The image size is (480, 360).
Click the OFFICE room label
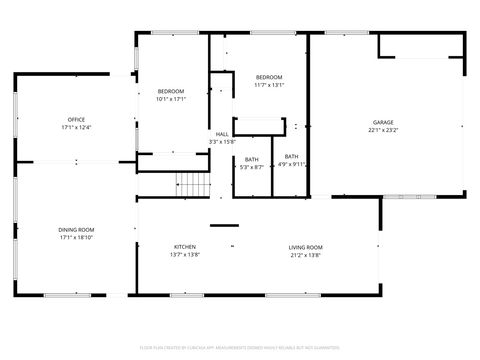76,119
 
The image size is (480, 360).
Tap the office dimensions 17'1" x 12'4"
76,127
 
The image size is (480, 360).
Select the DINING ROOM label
76,230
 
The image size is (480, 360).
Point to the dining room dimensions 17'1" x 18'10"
76,238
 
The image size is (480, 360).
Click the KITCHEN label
185,247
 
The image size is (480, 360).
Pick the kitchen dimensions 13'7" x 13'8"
185,255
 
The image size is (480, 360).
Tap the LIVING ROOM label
306,247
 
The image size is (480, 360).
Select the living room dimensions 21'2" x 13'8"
306,255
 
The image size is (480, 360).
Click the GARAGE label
384,121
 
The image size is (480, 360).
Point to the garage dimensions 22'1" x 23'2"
384,129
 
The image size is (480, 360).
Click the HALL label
221,134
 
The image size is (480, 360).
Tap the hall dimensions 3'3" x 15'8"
221,142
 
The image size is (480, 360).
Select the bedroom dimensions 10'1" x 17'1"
171,99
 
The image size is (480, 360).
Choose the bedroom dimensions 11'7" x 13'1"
269,85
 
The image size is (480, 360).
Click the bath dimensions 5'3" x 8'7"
251,167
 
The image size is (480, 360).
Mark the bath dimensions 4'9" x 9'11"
291,164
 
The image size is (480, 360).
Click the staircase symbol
190,183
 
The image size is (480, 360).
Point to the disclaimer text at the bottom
240,346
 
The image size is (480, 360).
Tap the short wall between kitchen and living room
224,225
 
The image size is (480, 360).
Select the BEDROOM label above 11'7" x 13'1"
269,77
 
